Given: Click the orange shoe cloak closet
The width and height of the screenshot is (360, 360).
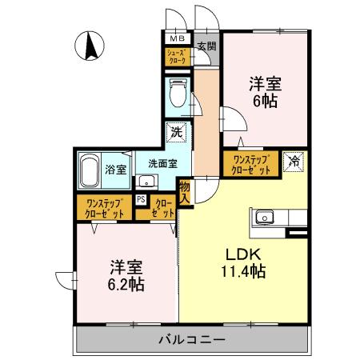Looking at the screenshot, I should tap(176, 57).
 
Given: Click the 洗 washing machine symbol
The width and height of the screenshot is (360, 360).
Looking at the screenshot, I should tap(174, 132).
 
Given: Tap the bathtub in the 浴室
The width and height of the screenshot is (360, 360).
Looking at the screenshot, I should tap(90, 169).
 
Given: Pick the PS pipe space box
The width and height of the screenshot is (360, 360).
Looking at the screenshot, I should tap(141, 201).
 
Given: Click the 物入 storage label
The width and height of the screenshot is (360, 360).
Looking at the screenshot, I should tap(186, 191).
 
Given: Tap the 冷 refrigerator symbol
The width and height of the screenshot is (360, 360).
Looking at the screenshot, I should tap(294, 160).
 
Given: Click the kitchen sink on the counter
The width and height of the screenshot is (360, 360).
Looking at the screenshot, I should tap(265, 217).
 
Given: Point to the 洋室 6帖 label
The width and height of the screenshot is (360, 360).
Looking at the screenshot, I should tap(264, 90).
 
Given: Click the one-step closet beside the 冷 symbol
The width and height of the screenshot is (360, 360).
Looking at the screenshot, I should tap(251, 165).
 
